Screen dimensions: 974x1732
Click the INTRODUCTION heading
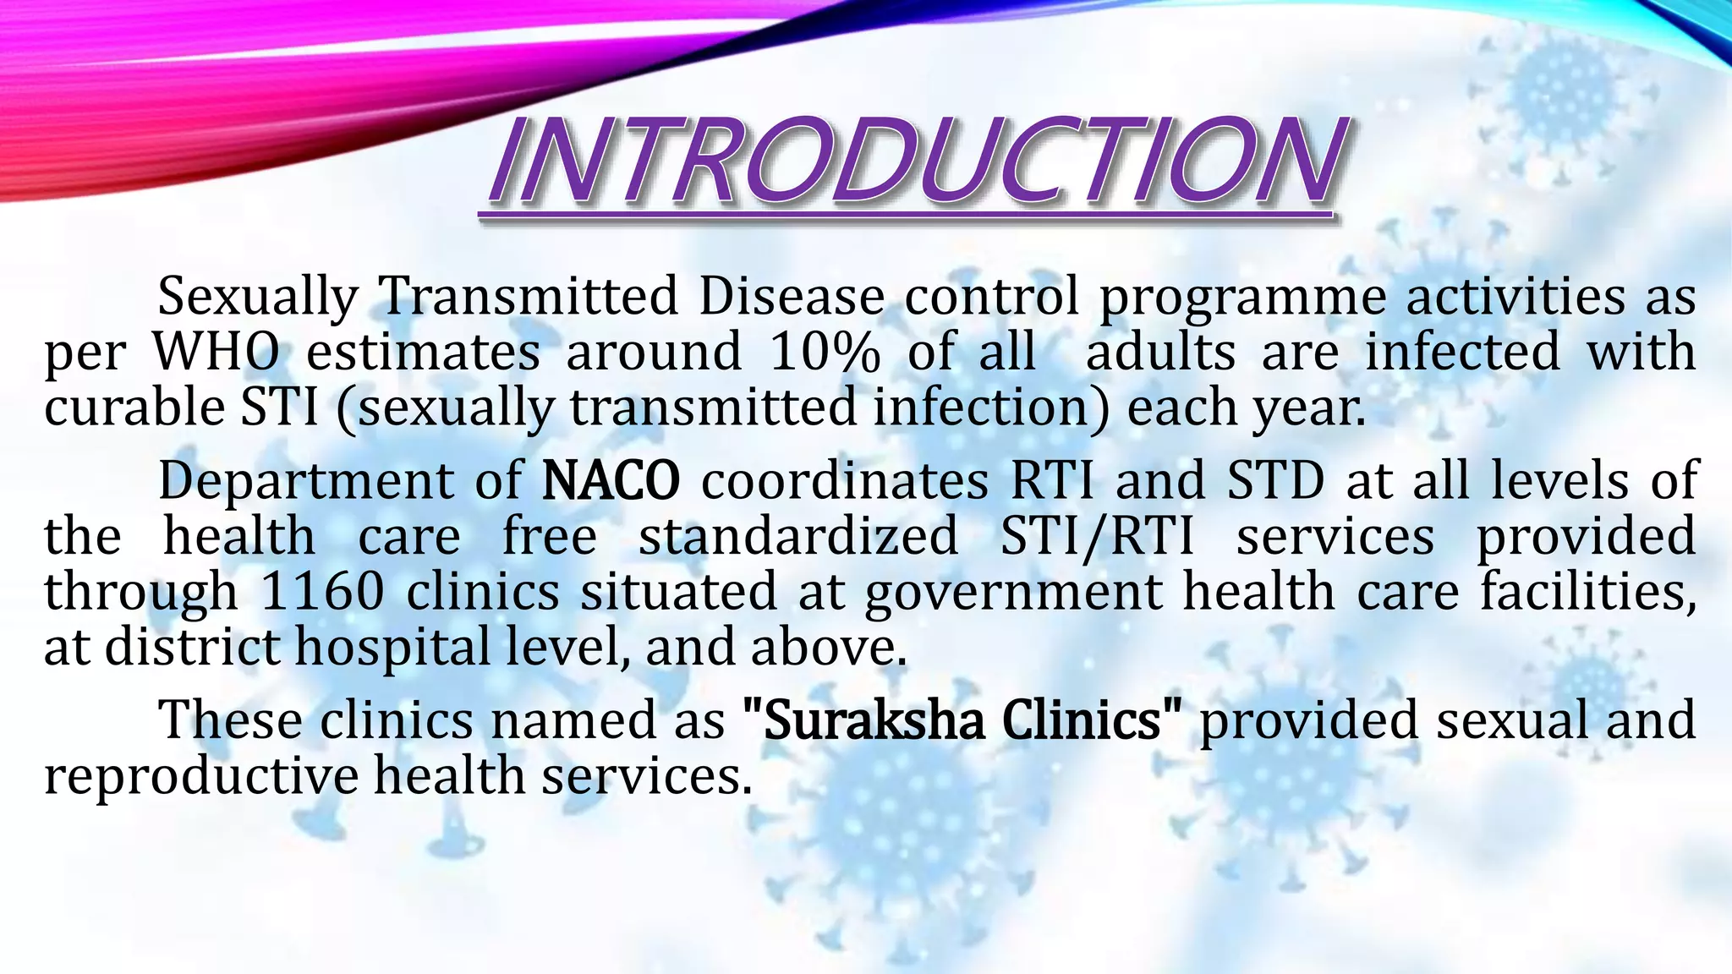click(x=912, y=163)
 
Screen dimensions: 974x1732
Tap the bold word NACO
click(x=610, y=480)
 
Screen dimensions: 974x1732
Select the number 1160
click(x=322, y=591)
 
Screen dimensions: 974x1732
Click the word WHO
click(x=216, y=352)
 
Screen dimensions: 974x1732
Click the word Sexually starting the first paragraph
click(x=258, y=297)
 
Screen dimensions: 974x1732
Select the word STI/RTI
click(x=1097, y=536)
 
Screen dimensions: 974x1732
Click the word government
click(x=1012, y=592)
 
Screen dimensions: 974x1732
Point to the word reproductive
click(x=201, y=776)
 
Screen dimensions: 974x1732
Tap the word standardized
click(x=798, y=536)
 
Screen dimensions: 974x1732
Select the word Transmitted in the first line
click(x=528, y=297)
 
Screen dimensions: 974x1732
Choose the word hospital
click(x=391, y=648)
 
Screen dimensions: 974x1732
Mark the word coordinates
click(x=844, y=480)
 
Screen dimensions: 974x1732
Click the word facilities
click(x=1587, y=591)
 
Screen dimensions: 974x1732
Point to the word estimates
click(x=423, y=352)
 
